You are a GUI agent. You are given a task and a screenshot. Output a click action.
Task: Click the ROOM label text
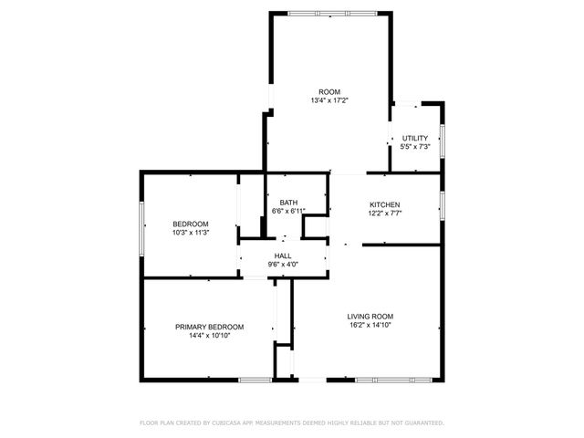click(328, 91)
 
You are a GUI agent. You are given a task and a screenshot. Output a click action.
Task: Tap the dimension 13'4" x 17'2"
click(328, 100)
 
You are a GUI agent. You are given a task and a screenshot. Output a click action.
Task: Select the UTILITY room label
click(415, 138)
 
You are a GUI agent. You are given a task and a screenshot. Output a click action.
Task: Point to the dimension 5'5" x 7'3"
click(415, 147)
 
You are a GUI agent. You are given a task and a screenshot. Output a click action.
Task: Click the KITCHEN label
click(384, 203)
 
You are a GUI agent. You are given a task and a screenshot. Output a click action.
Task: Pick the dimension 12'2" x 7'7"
click(384, 213)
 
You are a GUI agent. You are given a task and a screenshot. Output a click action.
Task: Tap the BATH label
click(288, 203)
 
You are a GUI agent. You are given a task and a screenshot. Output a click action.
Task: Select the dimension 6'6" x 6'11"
click(288, 212)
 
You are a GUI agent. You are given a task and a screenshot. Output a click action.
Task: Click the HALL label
click(283, 255)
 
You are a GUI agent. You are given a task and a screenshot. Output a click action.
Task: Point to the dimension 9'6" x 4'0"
click(283, 265)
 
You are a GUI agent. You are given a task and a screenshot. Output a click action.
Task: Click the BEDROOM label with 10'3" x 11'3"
click(191, 224)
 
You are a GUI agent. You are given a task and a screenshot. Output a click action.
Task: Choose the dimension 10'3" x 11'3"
click(191, 233)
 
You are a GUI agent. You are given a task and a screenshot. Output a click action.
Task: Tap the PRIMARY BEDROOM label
click(210, 327)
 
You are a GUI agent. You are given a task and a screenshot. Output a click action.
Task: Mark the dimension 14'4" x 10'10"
click(210, 336)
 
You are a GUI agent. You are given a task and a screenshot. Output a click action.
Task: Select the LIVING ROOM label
click(370, 316)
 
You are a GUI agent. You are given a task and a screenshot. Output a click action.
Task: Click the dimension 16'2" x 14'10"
click(370, 325)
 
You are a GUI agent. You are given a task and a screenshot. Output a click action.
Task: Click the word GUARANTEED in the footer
click(422, 423)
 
